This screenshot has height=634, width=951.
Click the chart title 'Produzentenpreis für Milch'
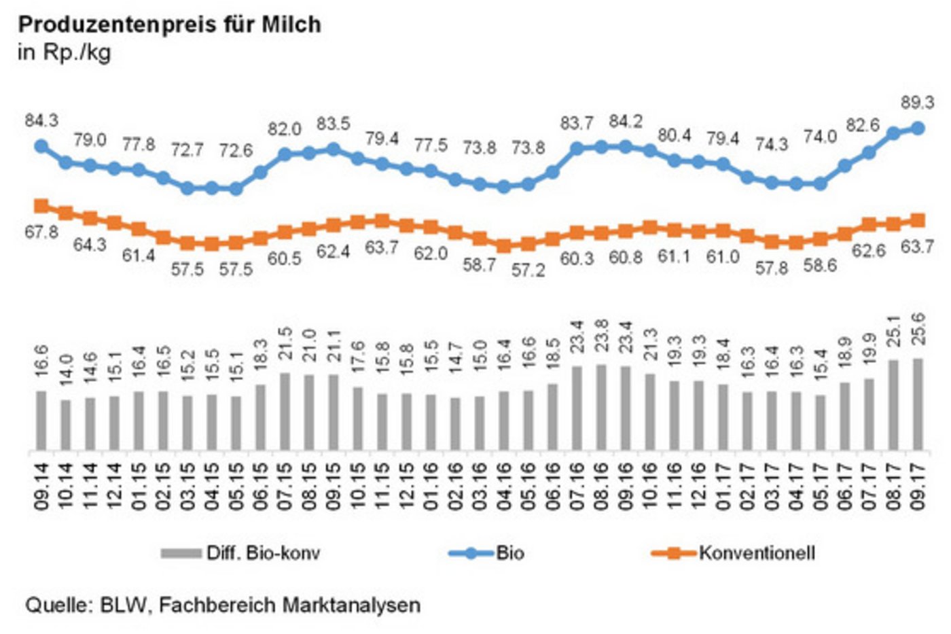pos(169,24)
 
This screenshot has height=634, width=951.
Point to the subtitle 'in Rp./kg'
pos(64,52)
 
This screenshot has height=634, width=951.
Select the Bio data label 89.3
pos(917,103)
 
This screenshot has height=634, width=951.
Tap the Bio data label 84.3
pos(41,120)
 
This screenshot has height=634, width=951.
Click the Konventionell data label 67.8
pos(41,232)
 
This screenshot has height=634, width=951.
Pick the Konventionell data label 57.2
pos(528,270)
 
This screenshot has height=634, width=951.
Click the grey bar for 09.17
pos(918,404)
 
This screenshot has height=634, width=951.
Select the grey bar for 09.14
pos(41,420)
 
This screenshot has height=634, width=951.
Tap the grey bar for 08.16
pos(601,407)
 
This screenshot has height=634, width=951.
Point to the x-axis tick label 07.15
pos(285,487)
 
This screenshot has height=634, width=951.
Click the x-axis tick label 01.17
pos(723,487)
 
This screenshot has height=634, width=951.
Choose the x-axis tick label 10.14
pos(66,487)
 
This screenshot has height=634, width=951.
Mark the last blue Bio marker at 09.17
pos(918,128)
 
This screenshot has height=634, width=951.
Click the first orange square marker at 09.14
pos(41,206)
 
